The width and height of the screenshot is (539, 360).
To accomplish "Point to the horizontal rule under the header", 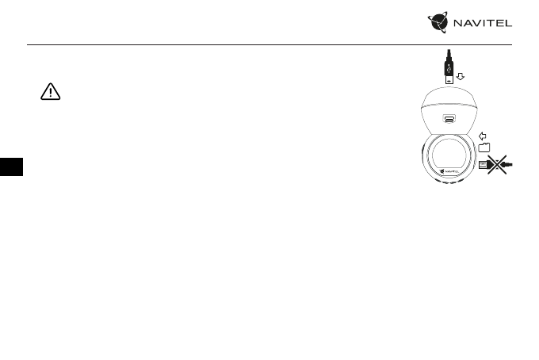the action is pos(269,44).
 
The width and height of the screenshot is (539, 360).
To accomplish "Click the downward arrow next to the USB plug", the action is pos(461,77).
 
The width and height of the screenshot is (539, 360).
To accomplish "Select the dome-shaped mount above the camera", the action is pos(449,111).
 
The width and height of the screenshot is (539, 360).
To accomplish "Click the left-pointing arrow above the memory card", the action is pos(484,136).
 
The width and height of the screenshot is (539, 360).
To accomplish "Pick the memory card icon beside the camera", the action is pos(484,147).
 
